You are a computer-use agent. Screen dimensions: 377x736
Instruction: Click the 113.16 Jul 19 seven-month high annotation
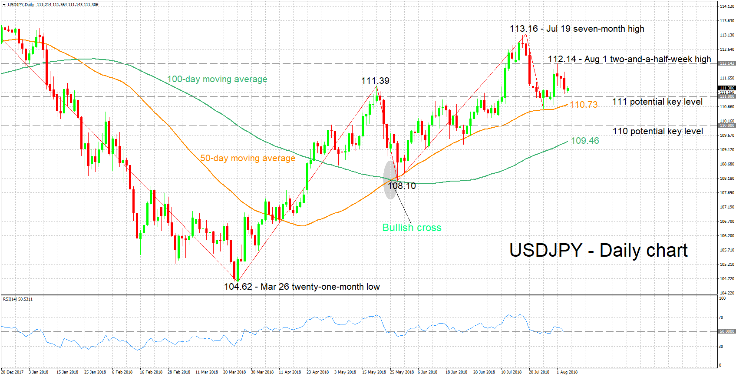click(x=577, y=29)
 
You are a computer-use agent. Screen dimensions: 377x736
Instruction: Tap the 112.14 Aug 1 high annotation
click(x=629, y=59)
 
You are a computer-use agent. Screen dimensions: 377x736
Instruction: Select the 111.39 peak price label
click(x=375, y=81)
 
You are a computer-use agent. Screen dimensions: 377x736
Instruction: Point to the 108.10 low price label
click(x=402, y=186)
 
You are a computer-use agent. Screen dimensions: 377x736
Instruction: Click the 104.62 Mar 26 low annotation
click(x=302, y=287)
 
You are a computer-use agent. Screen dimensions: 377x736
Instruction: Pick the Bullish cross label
click(x=412, y=228)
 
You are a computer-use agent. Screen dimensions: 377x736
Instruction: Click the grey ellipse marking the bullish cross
click(x=390, y=180)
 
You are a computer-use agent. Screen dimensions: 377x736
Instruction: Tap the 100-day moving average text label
click(x=217, y=79)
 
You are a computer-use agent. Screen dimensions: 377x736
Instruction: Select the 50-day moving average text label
click(x=248, y=158)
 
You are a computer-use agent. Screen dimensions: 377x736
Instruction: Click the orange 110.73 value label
click(x=584, y=105)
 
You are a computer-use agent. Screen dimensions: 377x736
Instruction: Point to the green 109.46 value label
click(x=584, y=141)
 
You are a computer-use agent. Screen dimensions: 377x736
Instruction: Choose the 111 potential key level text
click(x=657, y=102)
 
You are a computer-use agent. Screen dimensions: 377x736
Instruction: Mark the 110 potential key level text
click(x=657, y=131)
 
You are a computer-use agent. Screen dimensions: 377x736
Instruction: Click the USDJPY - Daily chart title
click(x=598, y=251)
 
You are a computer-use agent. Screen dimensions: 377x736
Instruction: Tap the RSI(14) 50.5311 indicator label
click(x=18, y=299)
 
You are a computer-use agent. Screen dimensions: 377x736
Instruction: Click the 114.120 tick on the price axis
click(x=727, y=7)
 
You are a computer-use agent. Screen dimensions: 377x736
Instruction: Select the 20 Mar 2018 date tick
click(x=234, y=372)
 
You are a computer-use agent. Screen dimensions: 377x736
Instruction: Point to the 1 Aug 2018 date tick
click(x=567, y=372)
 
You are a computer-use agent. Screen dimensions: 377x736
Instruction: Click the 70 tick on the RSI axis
click(x=721, y=317)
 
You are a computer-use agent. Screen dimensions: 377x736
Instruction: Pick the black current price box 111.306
click(x=726, y=88)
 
